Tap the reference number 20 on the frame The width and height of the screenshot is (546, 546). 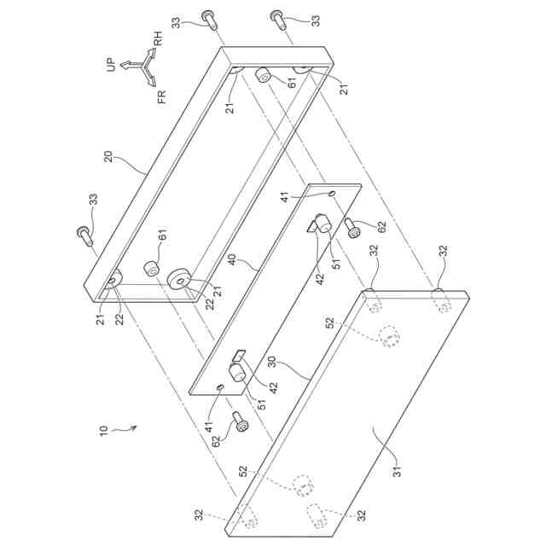click(x=109, y=156)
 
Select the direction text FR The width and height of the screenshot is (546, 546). click(x=163, y=96)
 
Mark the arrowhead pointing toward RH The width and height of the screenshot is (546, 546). click(x=153, y=53)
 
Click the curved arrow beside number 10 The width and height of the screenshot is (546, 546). click(x=126, y=430)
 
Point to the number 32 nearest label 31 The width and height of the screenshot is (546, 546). click(x=361, y=516)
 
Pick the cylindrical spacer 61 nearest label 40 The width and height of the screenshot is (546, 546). click(x=152, y=268)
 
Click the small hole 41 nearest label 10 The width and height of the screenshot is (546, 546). click(x=221, y=386)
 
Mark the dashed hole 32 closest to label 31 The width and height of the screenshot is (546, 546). click(x=315, y=514)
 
